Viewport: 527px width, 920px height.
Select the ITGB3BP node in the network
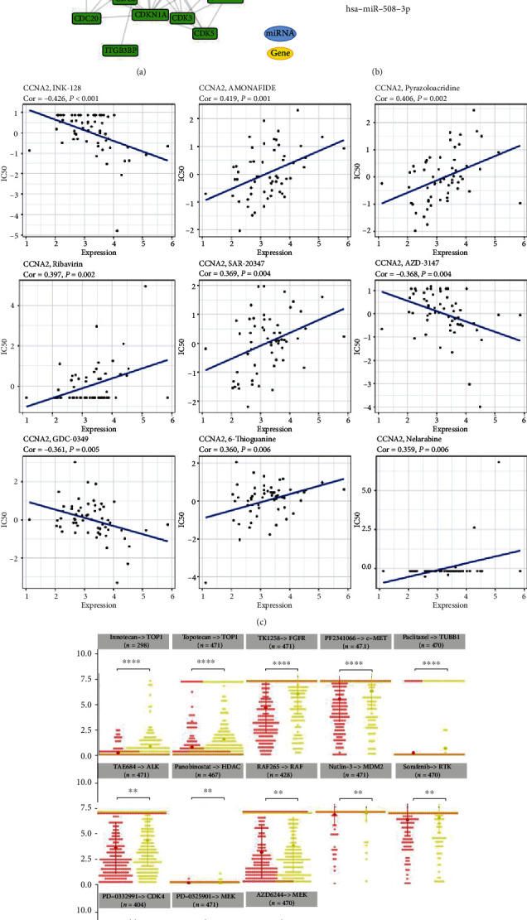[x=120, y=51]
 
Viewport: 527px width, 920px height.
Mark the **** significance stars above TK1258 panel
[x=292, y=663]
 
